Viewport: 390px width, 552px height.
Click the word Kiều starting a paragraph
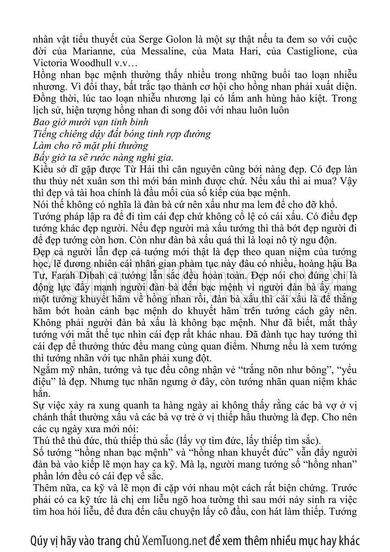click(x=44, y=170)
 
